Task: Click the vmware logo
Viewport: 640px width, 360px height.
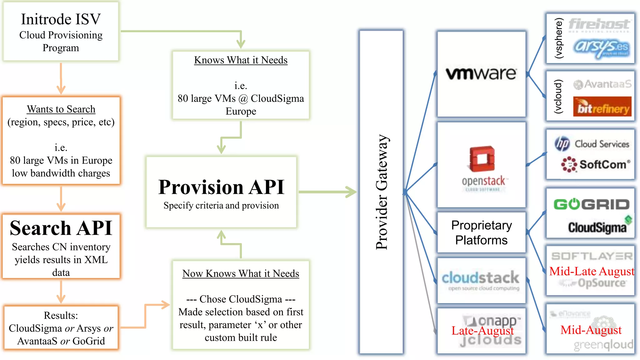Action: tap(481, 74)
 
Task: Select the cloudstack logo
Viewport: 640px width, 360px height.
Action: tap(481, 278)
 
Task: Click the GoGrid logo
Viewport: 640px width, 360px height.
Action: tap(591, 205)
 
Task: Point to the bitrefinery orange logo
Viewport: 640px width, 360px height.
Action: tap(602, 107)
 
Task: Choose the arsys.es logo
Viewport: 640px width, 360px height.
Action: tap(601, 47)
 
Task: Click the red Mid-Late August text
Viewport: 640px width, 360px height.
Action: tap(592, 271)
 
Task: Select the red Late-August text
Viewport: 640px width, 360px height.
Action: tap(482, 331)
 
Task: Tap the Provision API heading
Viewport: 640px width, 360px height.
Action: tap(221, 187)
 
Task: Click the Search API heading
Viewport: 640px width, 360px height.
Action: tap(61, 228)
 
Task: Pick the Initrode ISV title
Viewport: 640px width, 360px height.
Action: tap(61, 19)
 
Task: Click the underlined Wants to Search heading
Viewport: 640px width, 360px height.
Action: tap(61, 109)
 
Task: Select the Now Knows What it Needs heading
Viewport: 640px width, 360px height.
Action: tap(241, 273)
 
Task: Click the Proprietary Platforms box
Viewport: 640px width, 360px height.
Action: tap(481, 232)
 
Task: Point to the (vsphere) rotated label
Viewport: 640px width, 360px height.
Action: tap(558, 38)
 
